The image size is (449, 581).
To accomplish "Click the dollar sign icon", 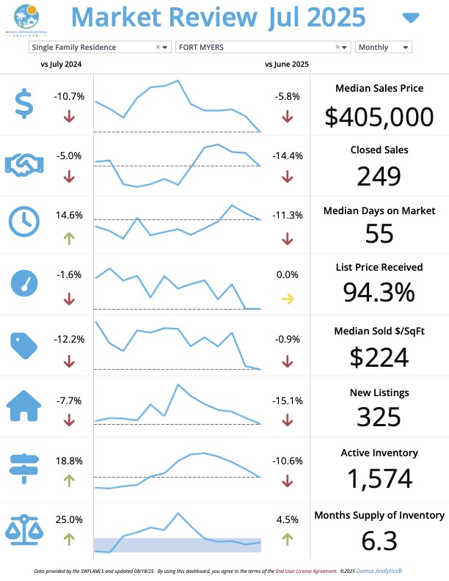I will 24,103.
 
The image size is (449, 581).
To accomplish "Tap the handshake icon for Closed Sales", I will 24,164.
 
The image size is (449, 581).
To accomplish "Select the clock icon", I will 24,222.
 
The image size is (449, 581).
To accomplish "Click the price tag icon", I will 24,343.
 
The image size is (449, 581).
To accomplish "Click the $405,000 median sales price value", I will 379,116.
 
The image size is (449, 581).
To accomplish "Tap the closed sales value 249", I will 379,177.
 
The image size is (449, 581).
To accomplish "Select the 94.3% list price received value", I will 379,292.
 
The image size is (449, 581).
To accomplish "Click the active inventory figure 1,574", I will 379,479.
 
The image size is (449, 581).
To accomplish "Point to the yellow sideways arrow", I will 287,299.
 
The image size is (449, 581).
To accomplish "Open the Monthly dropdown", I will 383,48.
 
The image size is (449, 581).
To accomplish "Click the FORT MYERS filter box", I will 263,48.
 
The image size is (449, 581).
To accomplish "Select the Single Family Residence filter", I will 100,48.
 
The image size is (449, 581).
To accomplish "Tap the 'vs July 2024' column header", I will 61,64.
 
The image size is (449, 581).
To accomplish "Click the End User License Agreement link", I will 301,570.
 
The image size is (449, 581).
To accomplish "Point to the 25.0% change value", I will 70,519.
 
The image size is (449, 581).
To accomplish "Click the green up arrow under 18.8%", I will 69,480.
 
